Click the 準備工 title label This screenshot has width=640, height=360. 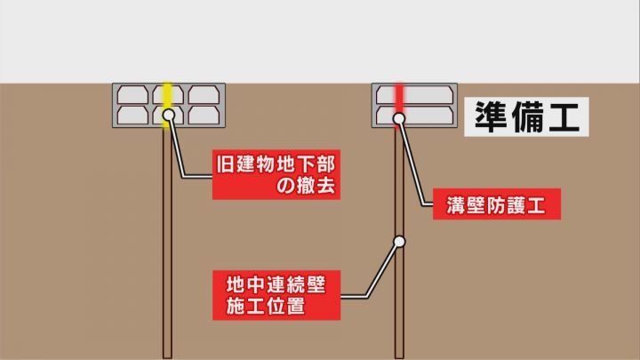526,116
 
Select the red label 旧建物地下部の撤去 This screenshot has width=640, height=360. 276,174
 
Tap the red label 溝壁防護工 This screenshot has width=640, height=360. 497,204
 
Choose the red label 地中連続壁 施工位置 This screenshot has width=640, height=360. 276,295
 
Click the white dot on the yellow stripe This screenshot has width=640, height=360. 169,115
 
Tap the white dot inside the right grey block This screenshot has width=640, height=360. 399,118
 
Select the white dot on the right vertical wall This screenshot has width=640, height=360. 400,242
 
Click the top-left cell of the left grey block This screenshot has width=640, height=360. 132,95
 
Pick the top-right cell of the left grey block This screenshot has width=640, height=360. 204,95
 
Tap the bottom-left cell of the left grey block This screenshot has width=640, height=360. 132,116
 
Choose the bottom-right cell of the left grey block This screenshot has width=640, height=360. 204,116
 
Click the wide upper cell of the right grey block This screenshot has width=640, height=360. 414,95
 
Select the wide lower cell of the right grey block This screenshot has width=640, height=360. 414,116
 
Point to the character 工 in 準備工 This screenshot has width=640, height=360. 564,117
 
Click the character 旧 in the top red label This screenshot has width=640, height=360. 225,164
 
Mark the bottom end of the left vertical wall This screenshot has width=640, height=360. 167,358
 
